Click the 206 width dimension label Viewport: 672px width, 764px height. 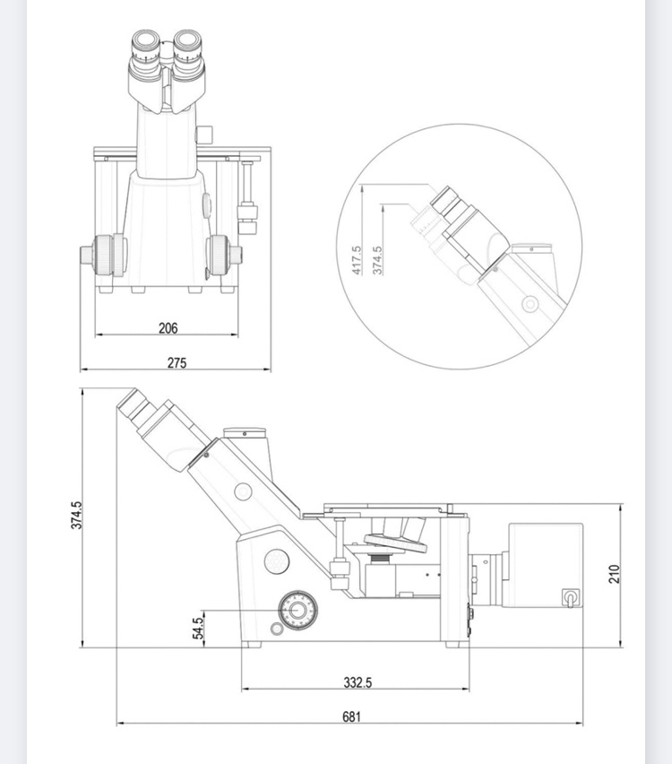tap(168, 328)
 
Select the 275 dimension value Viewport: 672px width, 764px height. tap(177, 363)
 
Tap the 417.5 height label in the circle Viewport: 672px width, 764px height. tap(357, 260)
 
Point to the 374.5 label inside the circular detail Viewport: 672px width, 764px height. tap(377, 260)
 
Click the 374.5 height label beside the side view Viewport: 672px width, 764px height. tap(77, 515)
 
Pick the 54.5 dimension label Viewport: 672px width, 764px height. tap(197, 629)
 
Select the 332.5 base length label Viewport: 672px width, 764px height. tap(358, 682)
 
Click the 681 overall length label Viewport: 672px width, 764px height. tap(351, 716)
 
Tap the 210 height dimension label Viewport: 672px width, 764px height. tap(614, 574)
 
